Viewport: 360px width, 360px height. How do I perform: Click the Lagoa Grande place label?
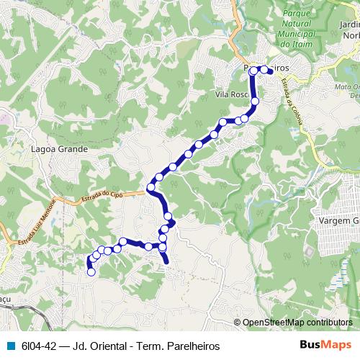(60, 150)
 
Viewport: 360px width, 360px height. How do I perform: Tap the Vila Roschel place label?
(232, 94)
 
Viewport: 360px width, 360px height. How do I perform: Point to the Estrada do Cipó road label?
(103, 195)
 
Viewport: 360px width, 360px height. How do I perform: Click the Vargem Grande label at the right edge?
(338, 220)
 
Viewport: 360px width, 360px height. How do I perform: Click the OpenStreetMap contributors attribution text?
(297, 322)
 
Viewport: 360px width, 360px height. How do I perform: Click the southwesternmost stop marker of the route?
(91, 272)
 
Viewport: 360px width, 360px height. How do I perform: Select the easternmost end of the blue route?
(271, 71)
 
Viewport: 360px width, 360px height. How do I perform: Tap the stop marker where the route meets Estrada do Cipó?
(151, 188)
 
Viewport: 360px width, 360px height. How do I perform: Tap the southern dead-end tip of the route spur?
(168, 264)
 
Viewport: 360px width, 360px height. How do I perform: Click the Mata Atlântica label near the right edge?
(346, 91)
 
